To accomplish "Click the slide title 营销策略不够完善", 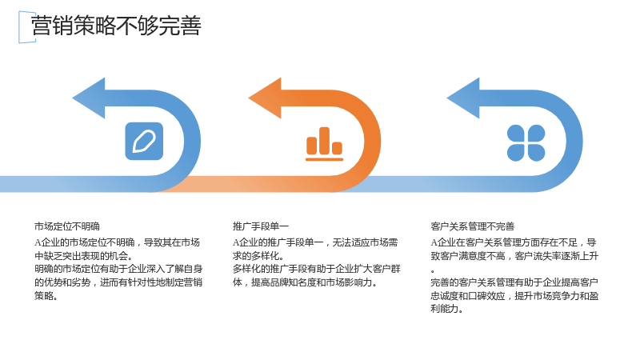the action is click(116, 26).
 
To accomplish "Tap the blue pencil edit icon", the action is click(144, 142).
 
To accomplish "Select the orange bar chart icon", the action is click(325, 144).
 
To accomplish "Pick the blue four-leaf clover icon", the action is click(526, 142).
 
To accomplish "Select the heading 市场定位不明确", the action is click(67, 226).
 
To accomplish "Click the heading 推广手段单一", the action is click(261, 226).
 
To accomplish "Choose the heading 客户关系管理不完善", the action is click(472, 226).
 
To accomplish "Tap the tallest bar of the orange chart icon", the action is click(325, 141).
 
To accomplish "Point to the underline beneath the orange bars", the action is click(325, 159).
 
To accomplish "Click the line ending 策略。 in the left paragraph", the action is click(46, 296).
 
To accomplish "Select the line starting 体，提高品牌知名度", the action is click(305, 282).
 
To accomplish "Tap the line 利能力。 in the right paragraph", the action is click(446, 309).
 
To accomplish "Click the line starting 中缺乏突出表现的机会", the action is click(84, 256).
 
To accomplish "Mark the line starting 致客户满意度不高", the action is click(514, 256).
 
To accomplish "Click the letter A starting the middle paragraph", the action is click(236, 243).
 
